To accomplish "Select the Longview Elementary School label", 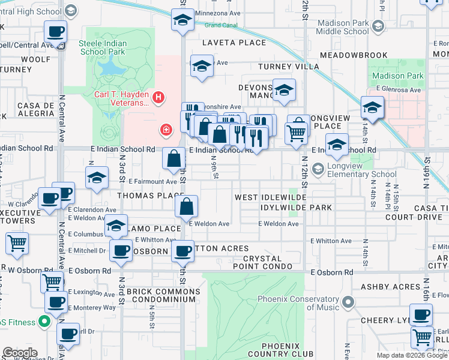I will click(354, 170).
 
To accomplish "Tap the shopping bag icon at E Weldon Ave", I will click(187, 207).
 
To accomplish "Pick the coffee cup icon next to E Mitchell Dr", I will click(121, 251).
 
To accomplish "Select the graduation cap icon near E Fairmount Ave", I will click(96, 178).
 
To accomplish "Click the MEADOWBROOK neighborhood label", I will click(354, 55).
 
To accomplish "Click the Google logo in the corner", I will click(20, 353).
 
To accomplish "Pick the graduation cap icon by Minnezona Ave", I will click(182, 20).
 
